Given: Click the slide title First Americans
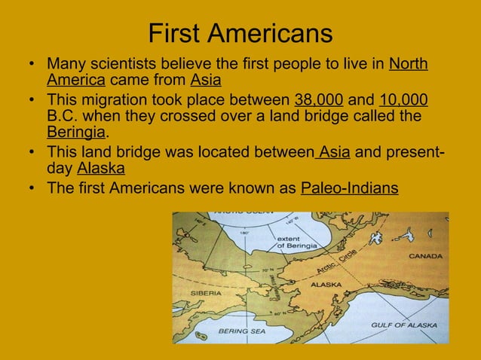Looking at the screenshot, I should click(x=240, y=33).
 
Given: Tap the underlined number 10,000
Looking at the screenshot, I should click(x=404, y=100).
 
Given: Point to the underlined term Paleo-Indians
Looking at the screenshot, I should click(x=349, y=188).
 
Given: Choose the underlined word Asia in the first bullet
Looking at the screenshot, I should click(x=206, y=81).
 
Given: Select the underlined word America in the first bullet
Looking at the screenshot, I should click(x=76, y=81).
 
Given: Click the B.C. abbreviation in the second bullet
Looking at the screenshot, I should click(x=63, y=117).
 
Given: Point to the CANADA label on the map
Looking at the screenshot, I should click(x=425, y=256).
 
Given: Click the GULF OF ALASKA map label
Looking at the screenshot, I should click(x=403, y=325).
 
